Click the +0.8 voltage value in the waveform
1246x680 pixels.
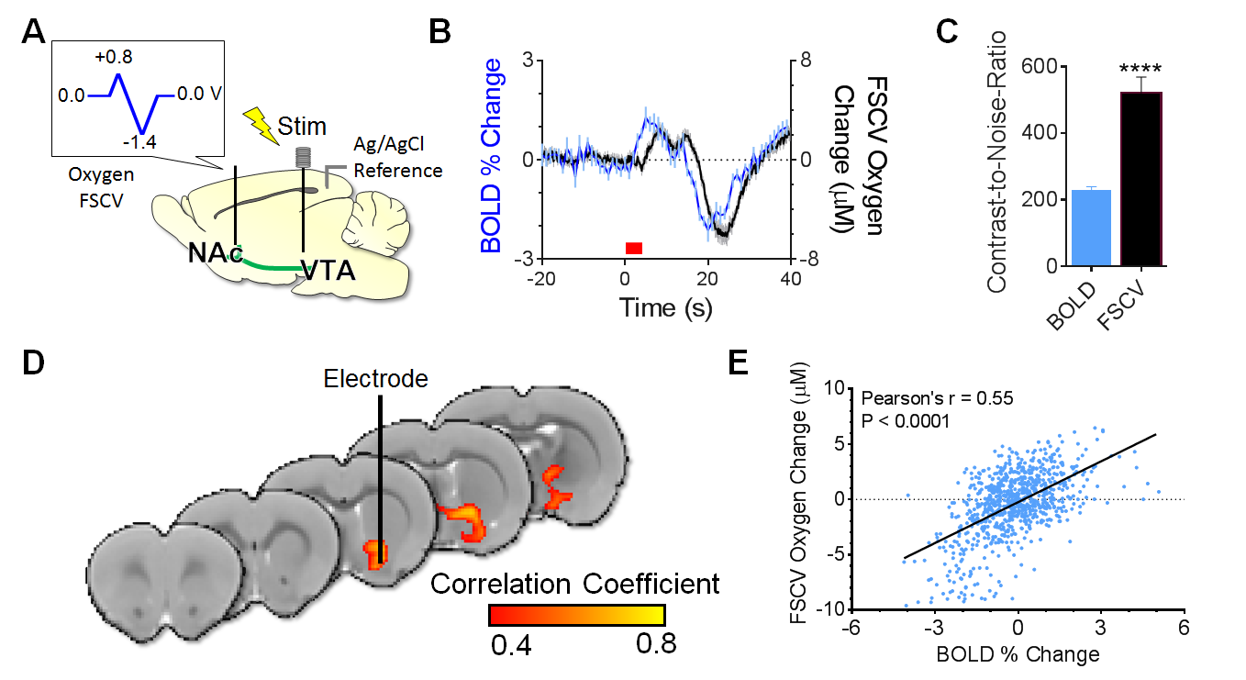tap(114, 57)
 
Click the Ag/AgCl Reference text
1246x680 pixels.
tap(397, 157)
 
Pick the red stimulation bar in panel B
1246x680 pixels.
tap(634, 248)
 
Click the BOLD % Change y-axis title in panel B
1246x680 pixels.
tap(492, 156)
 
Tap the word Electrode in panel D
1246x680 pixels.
tap(375, 378)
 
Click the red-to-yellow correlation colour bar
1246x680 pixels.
tap(576, 615)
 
